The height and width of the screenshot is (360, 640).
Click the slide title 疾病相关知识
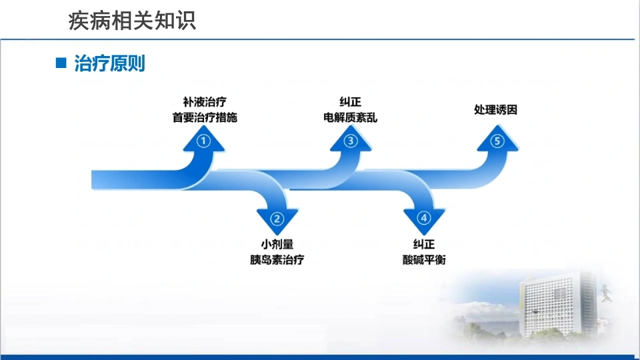[x=132, y=21]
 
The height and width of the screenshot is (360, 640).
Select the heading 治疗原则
[x=109, y=63]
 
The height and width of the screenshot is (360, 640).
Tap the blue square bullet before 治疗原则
[x=61, y=63]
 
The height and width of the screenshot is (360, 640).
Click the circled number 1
[x=204, y=141]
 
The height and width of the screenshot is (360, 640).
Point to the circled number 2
[x=277, y=219]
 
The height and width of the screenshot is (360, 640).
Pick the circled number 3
[x=351, y=141]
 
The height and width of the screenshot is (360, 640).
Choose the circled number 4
[x=424, y=218]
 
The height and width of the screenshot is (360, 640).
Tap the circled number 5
[x=497, y=141]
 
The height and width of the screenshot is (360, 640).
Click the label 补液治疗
[x=205, y=101]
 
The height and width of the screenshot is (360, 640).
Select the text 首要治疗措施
[x=205, y=117]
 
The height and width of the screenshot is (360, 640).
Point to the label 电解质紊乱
[x=350, y=117]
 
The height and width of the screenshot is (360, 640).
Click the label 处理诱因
[x=495, y=110]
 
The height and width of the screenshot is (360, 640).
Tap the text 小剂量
[x=277, y=244]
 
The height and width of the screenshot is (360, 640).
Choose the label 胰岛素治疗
[x=277, y=259]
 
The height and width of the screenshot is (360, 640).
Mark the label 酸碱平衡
[x=424, y=259]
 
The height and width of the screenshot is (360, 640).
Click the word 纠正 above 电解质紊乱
[x=350, y=101]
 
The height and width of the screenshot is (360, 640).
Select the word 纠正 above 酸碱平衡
[x=424, y=244]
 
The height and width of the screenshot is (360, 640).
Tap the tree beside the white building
[x=607, y=292]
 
